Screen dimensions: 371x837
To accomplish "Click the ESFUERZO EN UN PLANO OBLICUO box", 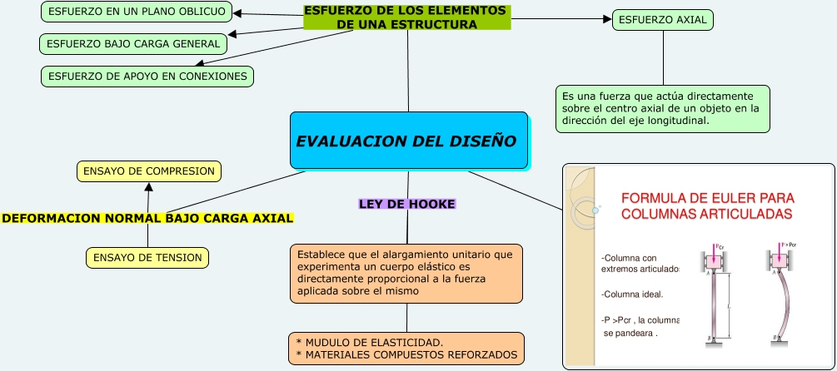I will [x=137, y=12].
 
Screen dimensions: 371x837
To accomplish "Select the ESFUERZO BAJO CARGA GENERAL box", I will [x=133, y=43].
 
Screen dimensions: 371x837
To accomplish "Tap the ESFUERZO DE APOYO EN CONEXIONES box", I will [x=148, y=77].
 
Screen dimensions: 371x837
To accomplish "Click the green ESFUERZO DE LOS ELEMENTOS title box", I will [x=406, y=17].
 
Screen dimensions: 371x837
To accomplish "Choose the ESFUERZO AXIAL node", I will [x=663, y=20].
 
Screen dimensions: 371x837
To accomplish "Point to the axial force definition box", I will [x=663, y=107].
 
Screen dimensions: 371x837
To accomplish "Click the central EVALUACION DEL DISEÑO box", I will [x=409, y=141].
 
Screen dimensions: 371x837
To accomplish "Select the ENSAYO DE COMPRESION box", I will [x=149, y=171].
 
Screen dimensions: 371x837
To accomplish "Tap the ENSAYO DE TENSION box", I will [x=147, y=258].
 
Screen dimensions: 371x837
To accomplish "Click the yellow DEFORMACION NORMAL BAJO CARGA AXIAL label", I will [x=148, y=218].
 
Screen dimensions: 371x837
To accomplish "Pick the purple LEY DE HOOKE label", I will [x=407, y=204].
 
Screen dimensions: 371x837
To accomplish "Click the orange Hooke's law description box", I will [x=406, y=273].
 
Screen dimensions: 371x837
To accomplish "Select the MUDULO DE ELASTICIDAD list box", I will [x=406, y=349].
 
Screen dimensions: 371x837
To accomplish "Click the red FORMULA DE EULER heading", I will [x=707, y=206].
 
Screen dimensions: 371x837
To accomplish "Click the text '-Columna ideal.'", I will [x=632, y=294].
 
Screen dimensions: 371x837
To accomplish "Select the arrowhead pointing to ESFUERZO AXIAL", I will [x=606, y=19].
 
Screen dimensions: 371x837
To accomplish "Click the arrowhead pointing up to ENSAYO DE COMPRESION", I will [x=149, y=187].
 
